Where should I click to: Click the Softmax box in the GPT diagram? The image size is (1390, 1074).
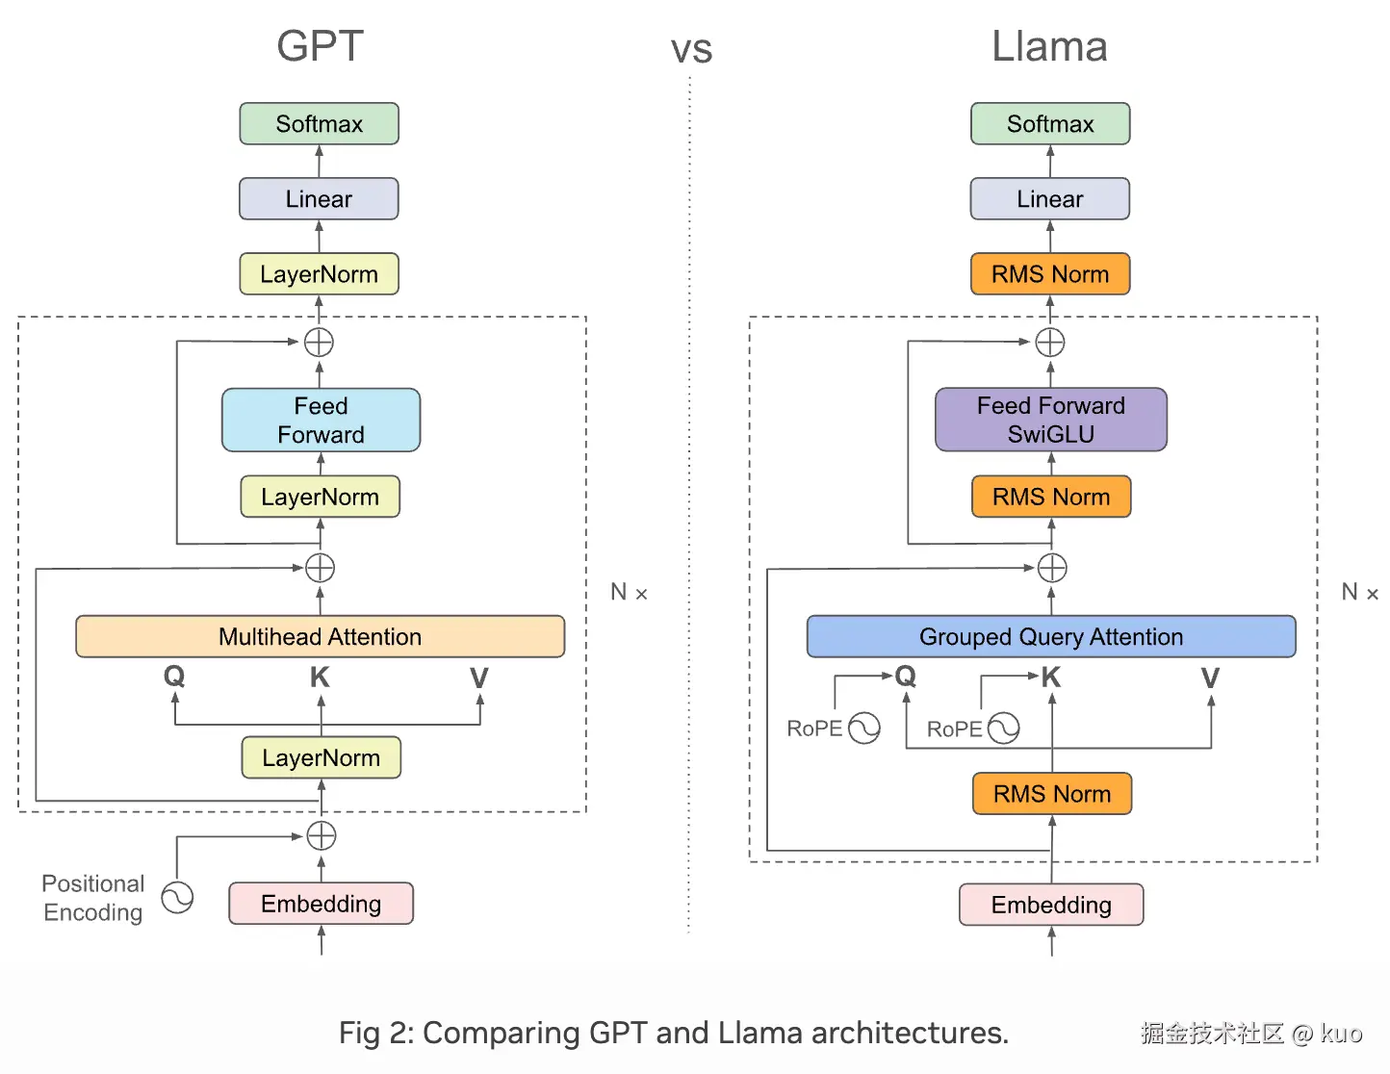pyautogui.click(x=319, y=124)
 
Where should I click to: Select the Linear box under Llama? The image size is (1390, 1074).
pyautogui.click(x=1049, y=199)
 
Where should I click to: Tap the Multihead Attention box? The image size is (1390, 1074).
pyautogui.click(x=320, y=637)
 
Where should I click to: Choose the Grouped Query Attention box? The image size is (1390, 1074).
pyautogui.click(x=1050, y=637)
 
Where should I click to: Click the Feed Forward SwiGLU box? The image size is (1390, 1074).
pyautogui.click(x=1050, y=420)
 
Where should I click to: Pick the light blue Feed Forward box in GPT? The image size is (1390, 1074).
pyautogui.click(x=321, y=420)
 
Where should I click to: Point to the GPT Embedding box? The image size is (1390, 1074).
pyautogui.click(x=321, y=904)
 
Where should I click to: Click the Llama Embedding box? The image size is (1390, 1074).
pyautogui.click(x=1051, y=905)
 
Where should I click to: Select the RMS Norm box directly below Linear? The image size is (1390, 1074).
pyautogui.click(x=1049, y=274)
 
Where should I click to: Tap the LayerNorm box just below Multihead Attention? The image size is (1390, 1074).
pyautogui.click(x=321, y=757)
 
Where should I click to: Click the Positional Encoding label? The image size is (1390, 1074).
pyautogui.click(x=93, y=898)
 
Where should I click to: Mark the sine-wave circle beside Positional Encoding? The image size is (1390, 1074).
pyautogui.click(x=177, y=898)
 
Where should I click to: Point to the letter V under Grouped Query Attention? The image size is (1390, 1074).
pyautogui.click(x=1210, y=678)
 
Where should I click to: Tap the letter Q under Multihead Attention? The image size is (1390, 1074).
pyautogui.click(x=174, y=677)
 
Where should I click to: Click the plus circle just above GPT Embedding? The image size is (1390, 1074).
pyautogui.click(x=321, y=835)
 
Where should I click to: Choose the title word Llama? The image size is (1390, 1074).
pyautogui.click(x=1049, y=46)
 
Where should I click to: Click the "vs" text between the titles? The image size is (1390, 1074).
pyautogui.click(x=691, y=50)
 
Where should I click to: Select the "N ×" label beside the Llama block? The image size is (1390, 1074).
pyautogui.click(x=1359, y=593)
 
